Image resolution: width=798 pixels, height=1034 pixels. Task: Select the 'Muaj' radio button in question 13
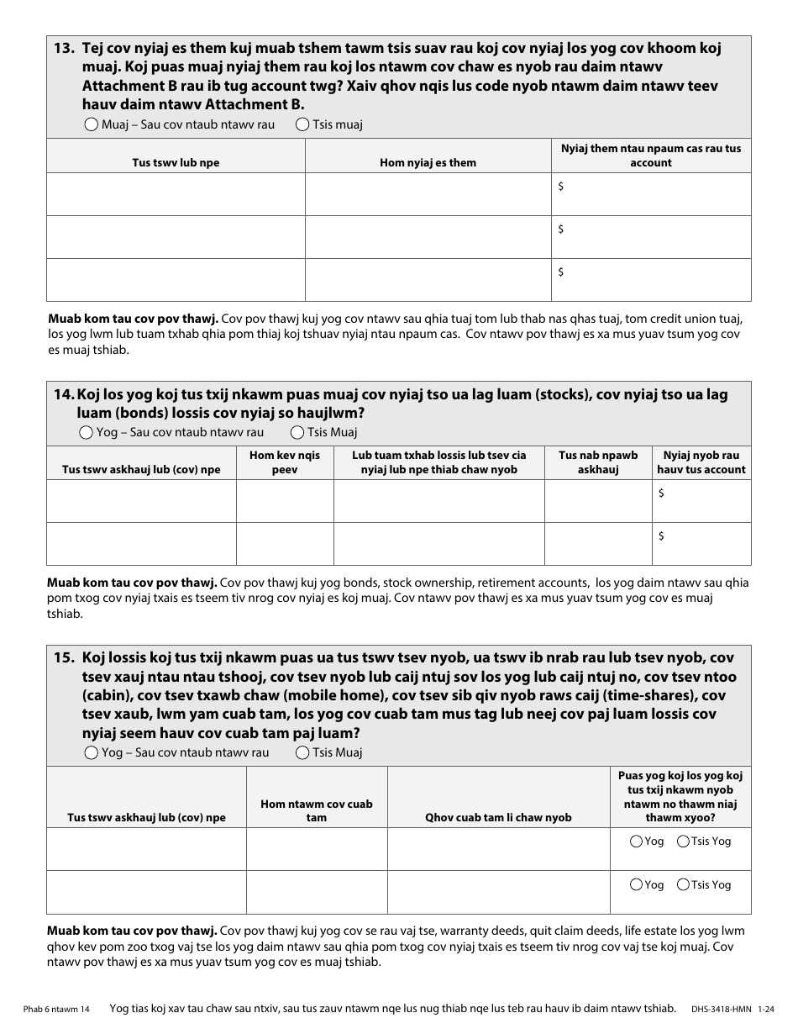click(92, 124)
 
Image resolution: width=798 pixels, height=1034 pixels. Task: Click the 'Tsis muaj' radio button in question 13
click(302, 124)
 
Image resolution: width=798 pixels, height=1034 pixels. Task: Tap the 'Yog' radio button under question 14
click(86, 432)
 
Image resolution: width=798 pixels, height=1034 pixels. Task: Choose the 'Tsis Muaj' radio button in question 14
click(297, 432)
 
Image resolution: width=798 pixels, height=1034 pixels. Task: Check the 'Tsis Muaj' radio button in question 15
click(302, 752)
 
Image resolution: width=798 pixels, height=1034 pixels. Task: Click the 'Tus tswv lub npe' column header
click(176, 162)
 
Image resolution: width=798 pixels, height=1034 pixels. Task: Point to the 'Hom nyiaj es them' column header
click(428, 162)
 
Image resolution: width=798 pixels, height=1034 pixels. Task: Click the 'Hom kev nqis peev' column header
click(285, 462)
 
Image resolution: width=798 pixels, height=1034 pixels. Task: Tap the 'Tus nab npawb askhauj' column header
click(598, 462)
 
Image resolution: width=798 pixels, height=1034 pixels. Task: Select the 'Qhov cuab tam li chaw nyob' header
click(498, 817)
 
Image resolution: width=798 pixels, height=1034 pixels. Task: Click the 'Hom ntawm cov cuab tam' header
click(317, 810)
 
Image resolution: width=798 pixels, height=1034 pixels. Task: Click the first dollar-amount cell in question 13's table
click(651, 194)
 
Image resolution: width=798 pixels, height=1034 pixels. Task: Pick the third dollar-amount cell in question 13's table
click(651, 280)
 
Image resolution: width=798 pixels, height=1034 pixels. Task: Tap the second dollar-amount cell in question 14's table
click(701, 544)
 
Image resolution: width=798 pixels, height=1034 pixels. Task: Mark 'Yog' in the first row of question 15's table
click(636, 841)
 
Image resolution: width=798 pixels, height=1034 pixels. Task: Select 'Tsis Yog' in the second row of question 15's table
click(684, 884)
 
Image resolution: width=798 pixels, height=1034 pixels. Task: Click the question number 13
click(64, 49)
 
